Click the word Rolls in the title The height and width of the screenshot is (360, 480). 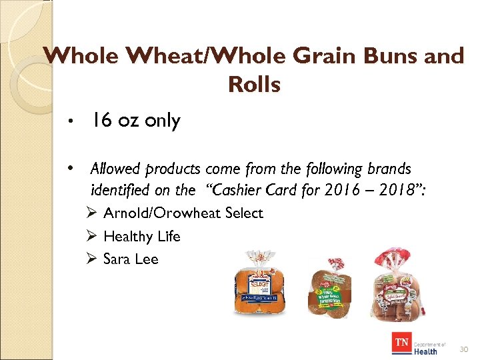254,85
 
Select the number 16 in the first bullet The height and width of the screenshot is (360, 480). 101,121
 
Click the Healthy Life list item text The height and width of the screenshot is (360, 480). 142,236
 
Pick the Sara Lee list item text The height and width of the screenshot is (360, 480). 131,259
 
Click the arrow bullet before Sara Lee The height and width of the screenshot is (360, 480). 93,259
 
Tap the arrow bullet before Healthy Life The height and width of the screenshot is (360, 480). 93,236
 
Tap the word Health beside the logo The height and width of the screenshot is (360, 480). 425,351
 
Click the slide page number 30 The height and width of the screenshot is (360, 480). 465,349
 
